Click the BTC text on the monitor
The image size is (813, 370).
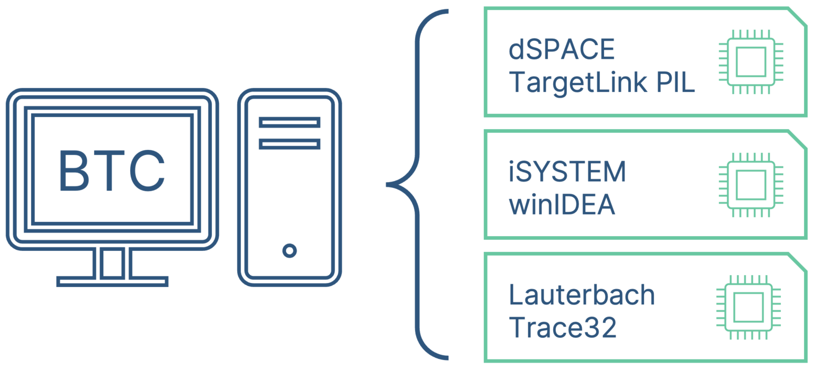point(112,171)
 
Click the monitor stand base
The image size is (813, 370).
point(112,281)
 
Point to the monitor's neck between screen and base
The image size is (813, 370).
point(112,262)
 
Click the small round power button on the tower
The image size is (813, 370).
point(289,250)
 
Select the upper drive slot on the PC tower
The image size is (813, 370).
point(289,122)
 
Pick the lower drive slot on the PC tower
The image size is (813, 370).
point(289,143)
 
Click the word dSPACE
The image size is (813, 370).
point(561,50)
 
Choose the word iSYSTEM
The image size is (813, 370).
point(567,173)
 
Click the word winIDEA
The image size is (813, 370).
point(562,205)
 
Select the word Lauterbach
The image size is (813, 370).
point(582,295)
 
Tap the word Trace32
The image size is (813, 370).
point(563,328)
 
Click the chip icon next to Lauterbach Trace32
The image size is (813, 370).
point(747,307)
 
